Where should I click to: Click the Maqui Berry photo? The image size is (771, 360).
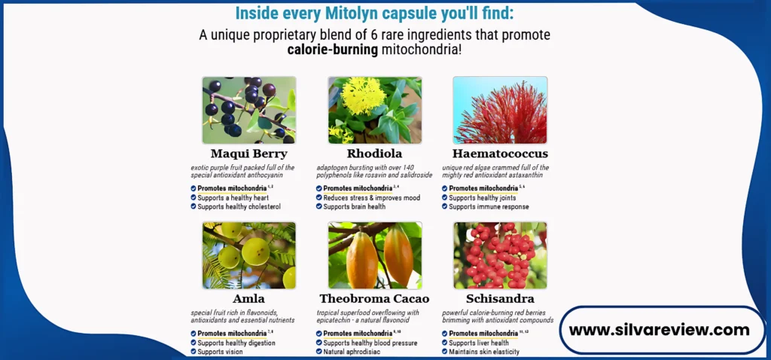(x=249, y=110)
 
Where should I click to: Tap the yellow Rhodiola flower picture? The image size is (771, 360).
(x=375, y=110)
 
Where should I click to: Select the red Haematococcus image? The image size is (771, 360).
(x=500, y=110)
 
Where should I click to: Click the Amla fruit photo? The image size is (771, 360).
(x=249, y=255)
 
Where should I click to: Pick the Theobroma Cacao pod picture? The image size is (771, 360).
(x=375, y=255)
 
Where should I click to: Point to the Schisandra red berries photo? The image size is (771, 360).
(x=500, y=255)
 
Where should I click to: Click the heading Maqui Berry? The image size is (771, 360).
(x=248, y=154)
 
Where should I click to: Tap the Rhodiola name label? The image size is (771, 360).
(x=374, y=154)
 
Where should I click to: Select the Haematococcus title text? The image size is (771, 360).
(x=500, y=154)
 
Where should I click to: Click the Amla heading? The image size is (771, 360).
(x=248, y=298)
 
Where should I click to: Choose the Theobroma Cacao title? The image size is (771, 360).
(x=374, y=298)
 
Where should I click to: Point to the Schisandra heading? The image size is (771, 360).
(x=500, y=298)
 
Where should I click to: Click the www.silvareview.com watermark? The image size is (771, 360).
(x=659, y=330)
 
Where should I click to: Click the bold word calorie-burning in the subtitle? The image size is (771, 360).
(x=332, y=50)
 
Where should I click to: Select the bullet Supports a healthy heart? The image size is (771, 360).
(x=230, y=198)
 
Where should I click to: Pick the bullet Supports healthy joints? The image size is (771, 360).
(x=479, y=198)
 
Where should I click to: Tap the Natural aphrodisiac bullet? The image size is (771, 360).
(x=348, y=352)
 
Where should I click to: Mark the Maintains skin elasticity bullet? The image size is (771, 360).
(x=480, y=352)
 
